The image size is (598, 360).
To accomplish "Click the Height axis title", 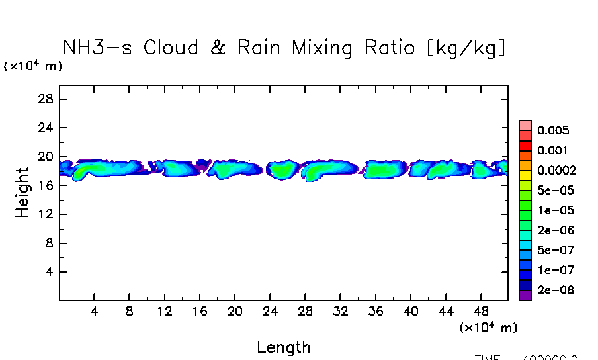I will [22, 193].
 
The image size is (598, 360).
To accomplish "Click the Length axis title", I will [283, 347].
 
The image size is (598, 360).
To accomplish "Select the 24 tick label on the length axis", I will [270, 312].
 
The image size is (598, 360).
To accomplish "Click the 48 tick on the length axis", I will [482, 312].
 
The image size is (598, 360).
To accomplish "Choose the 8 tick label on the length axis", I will [130, 312].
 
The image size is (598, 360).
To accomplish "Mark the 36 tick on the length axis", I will [376, 312].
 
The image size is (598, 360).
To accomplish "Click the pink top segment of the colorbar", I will [525, 125].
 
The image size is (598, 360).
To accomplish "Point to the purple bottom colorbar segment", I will [525, 296].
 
